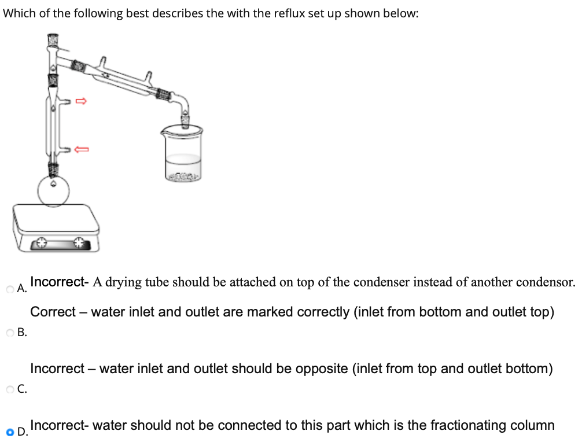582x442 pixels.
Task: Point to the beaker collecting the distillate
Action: coord(183,153)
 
